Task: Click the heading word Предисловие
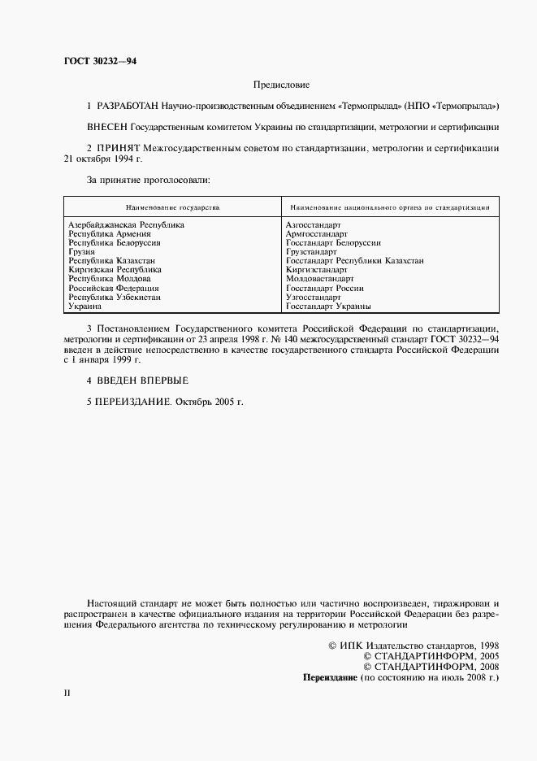(281, 84)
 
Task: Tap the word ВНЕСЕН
(106, 127)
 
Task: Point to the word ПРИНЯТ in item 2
(119, 148)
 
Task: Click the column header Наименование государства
(172, 207)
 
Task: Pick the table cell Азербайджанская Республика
(126, 224)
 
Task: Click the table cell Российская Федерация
(113, 288)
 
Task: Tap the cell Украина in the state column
(84, 307)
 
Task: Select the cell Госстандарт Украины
(328, 307)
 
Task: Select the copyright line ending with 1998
(413, 644)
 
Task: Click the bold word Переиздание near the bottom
(329, 676)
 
